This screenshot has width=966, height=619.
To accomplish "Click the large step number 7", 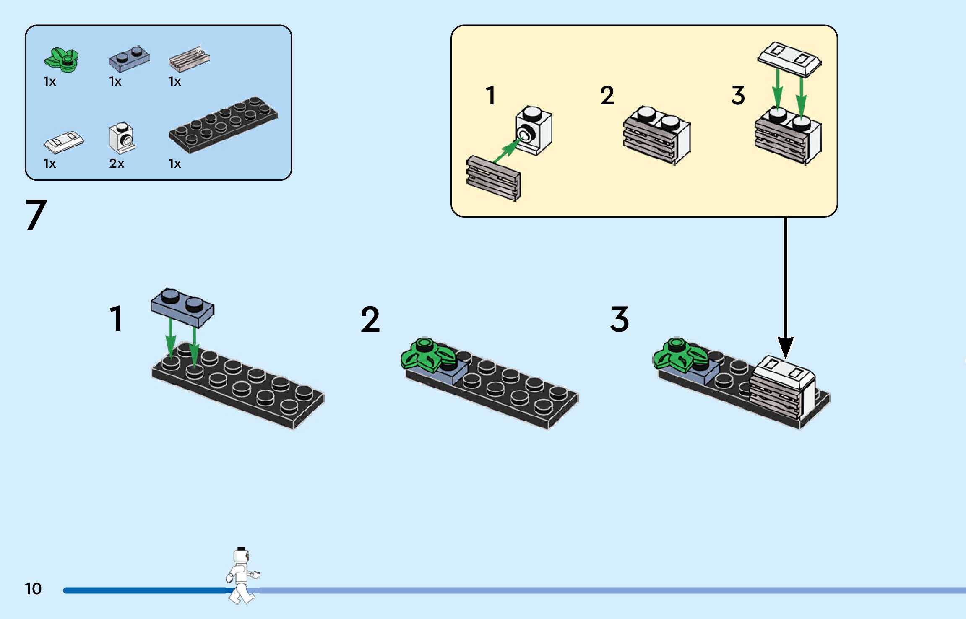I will tap(36, 215).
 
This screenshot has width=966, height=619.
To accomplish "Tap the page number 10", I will tap(33, 589).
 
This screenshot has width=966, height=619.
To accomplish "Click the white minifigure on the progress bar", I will tap(241, 575).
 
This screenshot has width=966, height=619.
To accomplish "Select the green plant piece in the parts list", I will tap(62, 60).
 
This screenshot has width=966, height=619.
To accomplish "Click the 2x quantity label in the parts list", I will tap(117, 163).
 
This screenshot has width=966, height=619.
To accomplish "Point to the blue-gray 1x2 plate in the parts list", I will tap(129, 58).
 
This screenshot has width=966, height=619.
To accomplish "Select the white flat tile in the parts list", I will tap(64, 142).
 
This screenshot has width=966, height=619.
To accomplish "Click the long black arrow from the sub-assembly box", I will tap(785, 285).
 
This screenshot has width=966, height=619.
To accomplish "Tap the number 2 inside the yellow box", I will tap(607, 96).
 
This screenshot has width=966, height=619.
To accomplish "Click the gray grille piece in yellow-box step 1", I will tap(493, 178).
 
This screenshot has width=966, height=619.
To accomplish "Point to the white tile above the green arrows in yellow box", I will tap(789, 59).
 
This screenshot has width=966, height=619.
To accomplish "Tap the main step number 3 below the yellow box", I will tap(620, 319).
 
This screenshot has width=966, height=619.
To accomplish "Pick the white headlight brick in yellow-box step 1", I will tap(534, 130).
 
